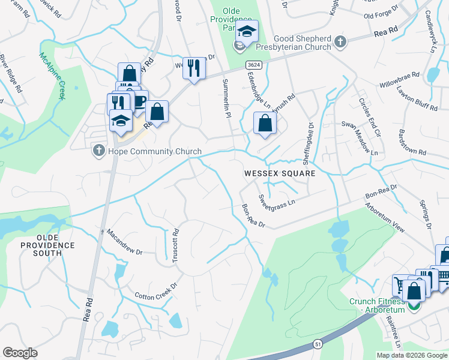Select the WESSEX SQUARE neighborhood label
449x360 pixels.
click(279, 173)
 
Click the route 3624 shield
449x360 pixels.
click(252, 64)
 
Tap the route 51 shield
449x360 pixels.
click(318, 343)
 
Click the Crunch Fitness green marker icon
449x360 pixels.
click(413, 306)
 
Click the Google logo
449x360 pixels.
click(20, 353)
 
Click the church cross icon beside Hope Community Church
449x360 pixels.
click(99, 151)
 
